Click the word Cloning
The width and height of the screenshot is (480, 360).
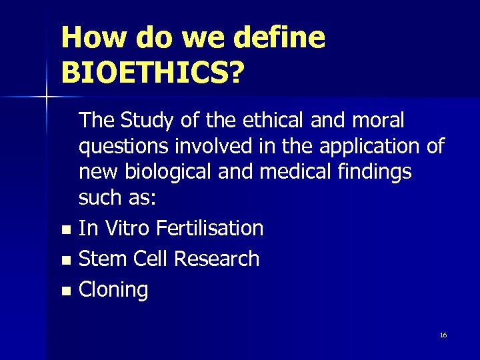[x=113, y=290]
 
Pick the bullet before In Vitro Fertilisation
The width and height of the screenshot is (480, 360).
[x=65, y=230]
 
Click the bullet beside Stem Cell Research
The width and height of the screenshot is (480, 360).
[x=65, y=261]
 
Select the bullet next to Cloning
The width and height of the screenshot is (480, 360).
[x=65, y=291]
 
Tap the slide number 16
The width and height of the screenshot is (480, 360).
[x=443, y=335]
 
